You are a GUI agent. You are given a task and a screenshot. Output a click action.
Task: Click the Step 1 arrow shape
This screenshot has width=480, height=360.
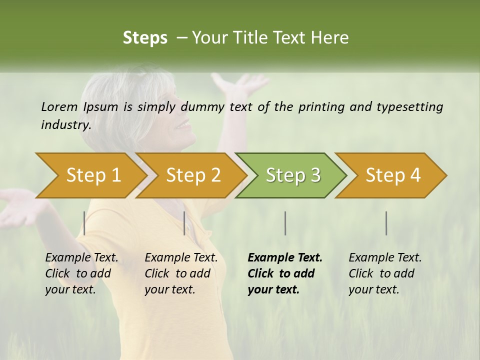pos(92,175)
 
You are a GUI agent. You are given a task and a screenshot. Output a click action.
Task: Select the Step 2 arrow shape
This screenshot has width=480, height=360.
pos(192,175)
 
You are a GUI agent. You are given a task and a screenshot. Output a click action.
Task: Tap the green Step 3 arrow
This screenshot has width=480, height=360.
pos(292,175)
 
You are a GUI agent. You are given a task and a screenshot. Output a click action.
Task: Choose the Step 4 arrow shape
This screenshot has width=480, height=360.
pos(392,175)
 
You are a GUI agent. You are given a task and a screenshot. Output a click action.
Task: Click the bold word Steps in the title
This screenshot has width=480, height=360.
pos(145,38)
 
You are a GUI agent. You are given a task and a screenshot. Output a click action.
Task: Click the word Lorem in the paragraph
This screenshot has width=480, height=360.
pos(59,106)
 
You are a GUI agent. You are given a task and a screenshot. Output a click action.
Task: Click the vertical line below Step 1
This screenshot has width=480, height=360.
pos(84,223)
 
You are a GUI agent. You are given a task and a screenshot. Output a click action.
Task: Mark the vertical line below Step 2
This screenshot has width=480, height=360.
pos(184,223)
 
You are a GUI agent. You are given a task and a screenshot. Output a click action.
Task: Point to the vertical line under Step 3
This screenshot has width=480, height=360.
pos(285,223)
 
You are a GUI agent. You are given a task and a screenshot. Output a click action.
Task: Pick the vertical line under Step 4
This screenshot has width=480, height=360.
pos(386,223)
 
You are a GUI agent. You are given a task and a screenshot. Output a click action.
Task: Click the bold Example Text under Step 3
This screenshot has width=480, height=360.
pos(285,258)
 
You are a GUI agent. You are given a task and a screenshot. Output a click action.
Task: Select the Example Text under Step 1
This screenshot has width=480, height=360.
pos(81,258)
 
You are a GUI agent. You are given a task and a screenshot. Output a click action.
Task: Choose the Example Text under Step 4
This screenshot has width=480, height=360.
pos(385,258)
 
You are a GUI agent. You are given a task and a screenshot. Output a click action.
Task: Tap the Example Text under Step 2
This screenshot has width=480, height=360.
pos(181,258)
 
